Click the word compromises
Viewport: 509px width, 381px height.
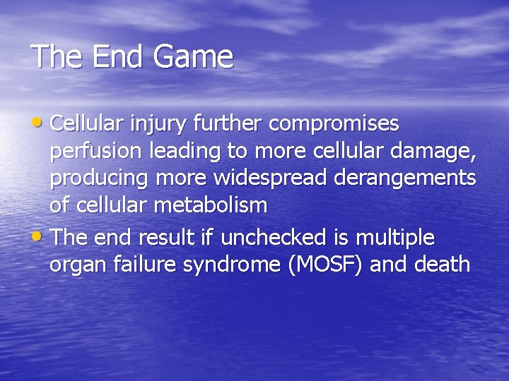point(334,125)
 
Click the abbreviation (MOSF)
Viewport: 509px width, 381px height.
point(324,265)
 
